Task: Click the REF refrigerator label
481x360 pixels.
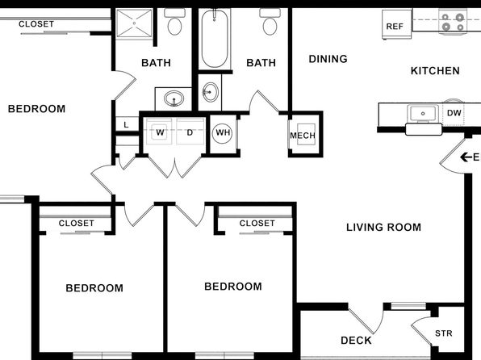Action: (x=395, y=27)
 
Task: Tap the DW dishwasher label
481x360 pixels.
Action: (x=454, y=113)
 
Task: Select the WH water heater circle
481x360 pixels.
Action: (x=223, y=133)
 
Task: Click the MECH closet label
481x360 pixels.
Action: (x=303, y=136)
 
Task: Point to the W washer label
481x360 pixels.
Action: (x=160, y=132)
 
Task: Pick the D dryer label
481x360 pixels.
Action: (x=190, y=132)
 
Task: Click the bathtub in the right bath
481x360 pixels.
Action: (x=215, y=39)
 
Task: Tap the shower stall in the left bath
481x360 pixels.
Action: (x=134, y=23)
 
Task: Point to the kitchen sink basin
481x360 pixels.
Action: (x=423, y=114)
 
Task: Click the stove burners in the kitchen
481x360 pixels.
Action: (x=453, y=22)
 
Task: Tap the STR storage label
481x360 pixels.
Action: (x=444, y=333)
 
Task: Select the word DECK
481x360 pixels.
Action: (x=356, y=341)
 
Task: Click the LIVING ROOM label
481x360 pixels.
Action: (x=384, y=228)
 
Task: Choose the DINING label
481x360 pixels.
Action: (x=328, y=59)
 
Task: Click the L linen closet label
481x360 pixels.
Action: (x=126, y=125)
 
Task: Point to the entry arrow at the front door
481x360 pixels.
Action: (x=466, y=157)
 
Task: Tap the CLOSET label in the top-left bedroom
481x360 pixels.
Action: (x=36, y=24)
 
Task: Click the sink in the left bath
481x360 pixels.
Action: (x=174, y=98)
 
